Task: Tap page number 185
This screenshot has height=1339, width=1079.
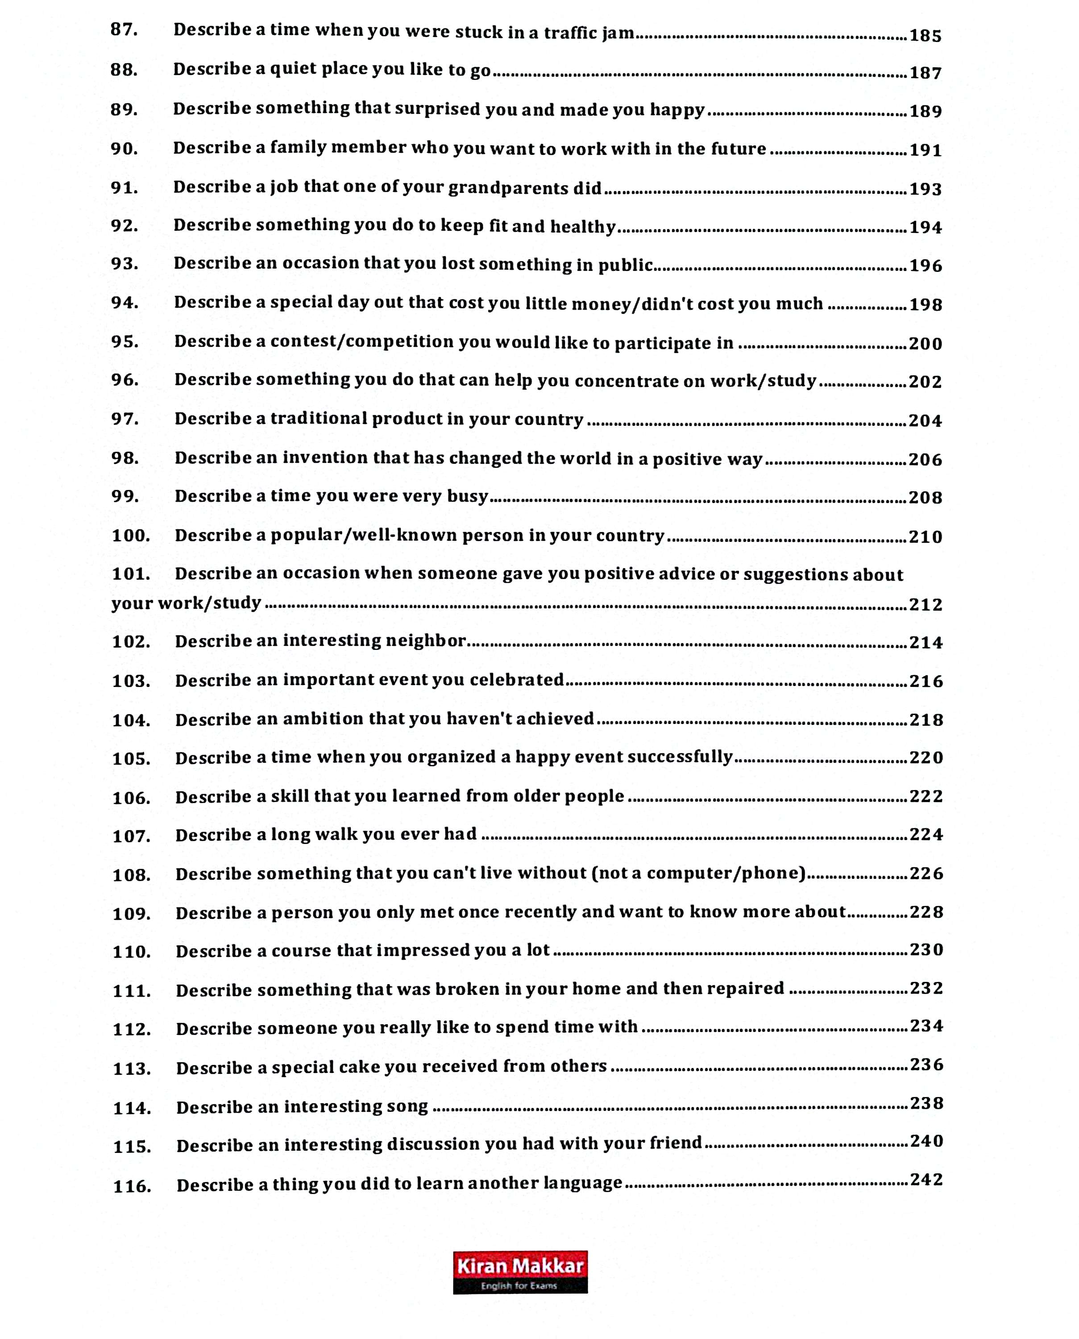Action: tap(925, 35)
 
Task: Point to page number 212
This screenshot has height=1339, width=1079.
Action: tap(925, 604)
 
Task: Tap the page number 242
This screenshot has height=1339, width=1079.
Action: tap(926, 1179)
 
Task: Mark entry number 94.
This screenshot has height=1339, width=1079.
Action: tap(124, 303)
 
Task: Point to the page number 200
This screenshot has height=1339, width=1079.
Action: tap(925, 343)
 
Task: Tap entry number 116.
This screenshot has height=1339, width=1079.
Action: tap(132, 1185)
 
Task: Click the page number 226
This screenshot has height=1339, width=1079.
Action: tap(926, 873)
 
